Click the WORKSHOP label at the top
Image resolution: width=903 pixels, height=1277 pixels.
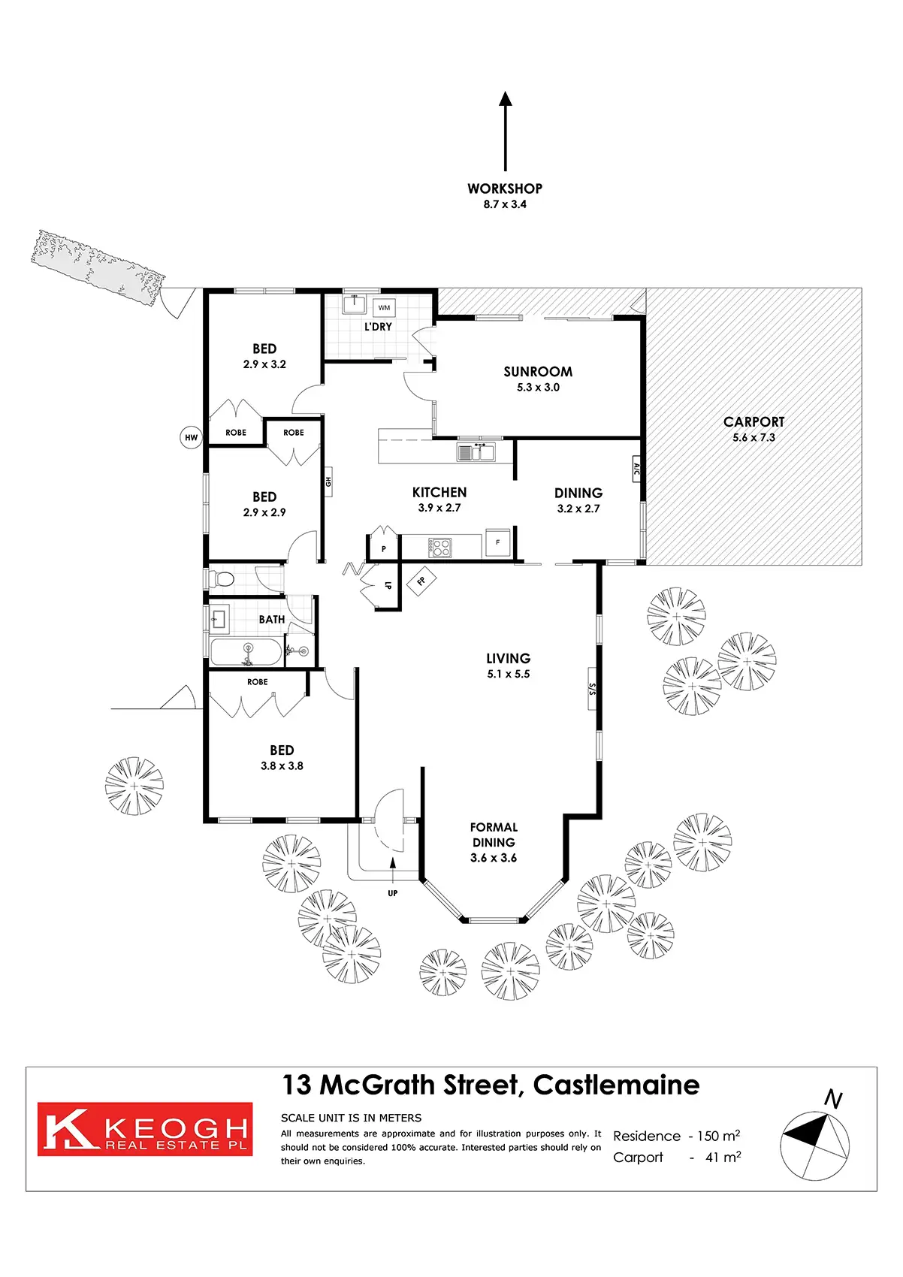click(x=504, y=189)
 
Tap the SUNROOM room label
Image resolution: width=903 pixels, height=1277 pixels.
click(x=538, y=372)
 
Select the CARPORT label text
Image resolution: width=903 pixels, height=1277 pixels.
click(x=754, y=422)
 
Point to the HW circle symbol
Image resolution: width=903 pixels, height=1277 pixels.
click(x=192, y=437)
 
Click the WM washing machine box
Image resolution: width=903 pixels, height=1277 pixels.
click(x=384, y=308)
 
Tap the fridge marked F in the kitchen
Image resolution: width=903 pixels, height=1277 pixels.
click(x=497, y=542)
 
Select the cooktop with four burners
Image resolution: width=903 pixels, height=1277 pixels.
click(x=440, y=547)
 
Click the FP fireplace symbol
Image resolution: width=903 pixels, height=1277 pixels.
click(x=421, y=581)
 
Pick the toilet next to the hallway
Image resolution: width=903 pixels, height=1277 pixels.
click(x=222, y=579)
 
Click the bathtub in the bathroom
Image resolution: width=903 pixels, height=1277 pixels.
click(x=246, y=651)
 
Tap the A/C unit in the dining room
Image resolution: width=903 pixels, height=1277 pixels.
click(x=636, y=470)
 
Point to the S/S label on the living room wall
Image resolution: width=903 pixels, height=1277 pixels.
click(x=592, y=688)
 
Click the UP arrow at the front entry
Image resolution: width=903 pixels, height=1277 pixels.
click(x=393, y=875)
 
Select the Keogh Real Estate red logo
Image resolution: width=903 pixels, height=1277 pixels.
click(x=145, y=1128)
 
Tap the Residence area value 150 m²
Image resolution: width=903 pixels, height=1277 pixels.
click(x=718, y=1136)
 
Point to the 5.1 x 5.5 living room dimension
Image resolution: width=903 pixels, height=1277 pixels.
click(x=509, y=674)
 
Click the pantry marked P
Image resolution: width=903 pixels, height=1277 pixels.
click(x=383, y=549)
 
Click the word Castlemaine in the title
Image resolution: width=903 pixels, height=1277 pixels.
click(x=616, y=1085)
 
